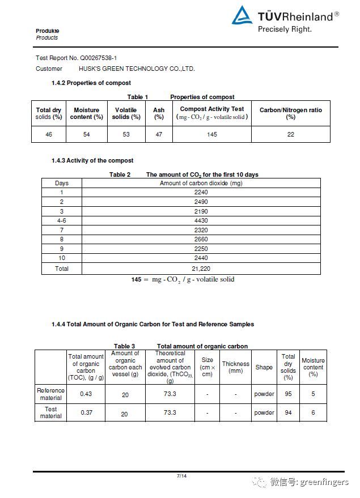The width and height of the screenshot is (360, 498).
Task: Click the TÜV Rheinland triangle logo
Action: [242, 16]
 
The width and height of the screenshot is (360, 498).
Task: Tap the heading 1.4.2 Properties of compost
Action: [91, 83]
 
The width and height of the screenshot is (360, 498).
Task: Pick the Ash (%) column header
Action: [159, 113]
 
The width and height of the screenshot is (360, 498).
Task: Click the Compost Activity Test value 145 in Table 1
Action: [212, 134]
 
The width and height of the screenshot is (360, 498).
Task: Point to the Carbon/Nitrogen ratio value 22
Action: [291, 134]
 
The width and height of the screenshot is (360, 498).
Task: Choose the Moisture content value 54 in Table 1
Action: [86, 134]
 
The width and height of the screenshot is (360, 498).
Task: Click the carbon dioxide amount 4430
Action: [201, 220]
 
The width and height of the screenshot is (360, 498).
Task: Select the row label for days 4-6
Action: [62, 220]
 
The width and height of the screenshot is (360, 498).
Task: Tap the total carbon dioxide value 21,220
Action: [201, 269]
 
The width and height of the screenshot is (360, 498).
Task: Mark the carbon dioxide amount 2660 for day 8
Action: [201, 240]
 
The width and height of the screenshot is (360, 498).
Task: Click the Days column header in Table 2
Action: [62, 183]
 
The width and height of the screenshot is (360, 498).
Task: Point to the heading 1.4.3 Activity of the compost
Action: [92, 160]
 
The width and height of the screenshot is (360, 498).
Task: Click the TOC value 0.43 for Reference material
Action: [86, 394]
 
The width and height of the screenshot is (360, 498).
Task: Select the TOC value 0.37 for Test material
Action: [86, 412]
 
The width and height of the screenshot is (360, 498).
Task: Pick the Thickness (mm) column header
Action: [235, 367]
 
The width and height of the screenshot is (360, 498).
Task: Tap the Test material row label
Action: [51, 412]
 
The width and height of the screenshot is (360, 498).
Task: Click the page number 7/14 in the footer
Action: [181, 475]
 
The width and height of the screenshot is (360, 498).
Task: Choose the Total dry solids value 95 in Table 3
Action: [288, 394]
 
